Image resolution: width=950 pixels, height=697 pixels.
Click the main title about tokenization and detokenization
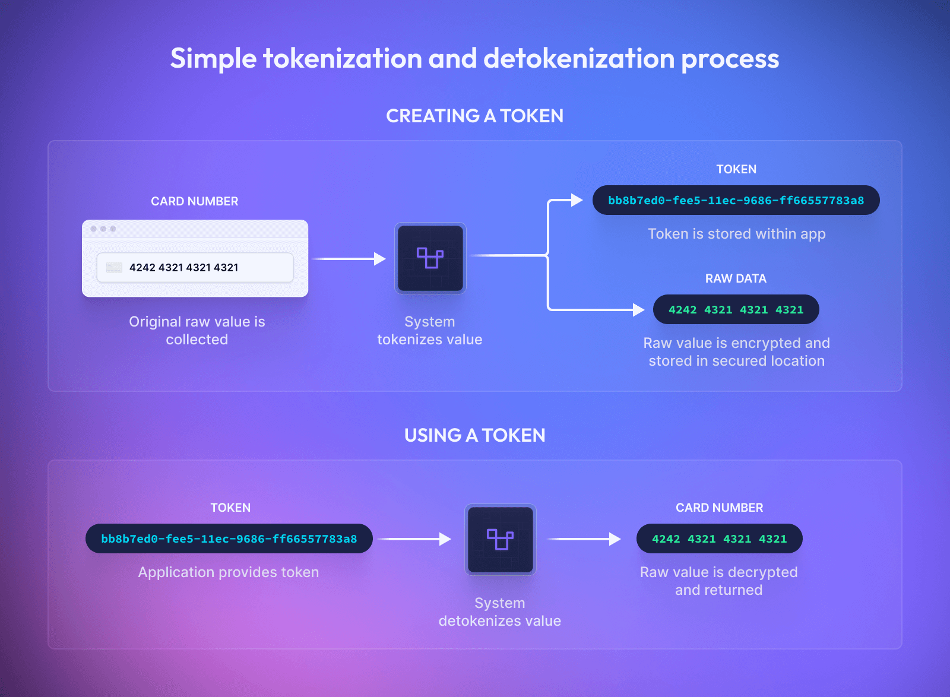(474, 59)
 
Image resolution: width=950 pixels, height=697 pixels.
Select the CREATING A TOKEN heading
(474, 116)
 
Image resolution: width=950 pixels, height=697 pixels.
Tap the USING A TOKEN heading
(474, 435)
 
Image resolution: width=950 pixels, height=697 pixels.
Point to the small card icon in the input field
(114, 268)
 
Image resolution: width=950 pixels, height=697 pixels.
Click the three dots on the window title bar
(103, 229)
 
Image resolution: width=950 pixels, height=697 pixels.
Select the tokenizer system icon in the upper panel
(430, 258)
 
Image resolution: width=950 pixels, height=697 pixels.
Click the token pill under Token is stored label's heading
(736, 201)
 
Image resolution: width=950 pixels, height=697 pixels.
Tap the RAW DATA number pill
(736, 309)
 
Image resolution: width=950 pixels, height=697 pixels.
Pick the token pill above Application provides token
(229, 538)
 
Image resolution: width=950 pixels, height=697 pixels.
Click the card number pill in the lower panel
(719, 538)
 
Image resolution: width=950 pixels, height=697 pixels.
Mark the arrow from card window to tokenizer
(349, 259)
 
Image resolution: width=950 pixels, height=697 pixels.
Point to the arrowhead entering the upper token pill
(576, 201)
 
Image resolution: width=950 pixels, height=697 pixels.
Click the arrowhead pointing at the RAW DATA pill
(638, 309)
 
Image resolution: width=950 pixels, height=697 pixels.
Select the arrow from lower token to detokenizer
(415, 539)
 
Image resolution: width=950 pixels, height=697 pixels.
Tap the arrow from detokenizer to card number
(584, 539)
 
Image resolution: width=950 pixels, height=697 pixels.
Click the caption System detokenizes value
(500, 612)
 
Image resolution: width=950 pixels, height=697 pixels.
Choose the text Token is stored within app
(736, 234)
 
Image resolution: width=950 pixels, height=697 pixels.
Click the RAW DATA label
(736, 278)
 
